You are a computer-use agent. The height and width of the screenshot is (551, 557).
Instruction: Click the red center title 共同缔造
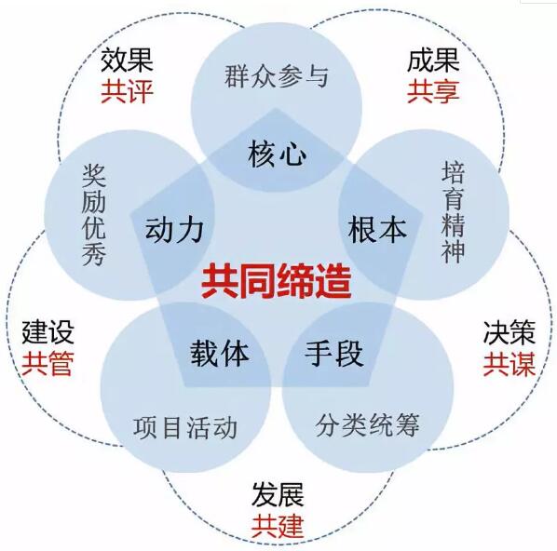coord(277,281)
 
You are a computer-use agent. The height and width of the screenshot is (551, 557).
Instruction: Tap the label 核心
coord(278,154)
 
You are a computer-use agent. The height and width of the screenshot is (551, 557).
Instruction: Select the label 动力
coord(174,229)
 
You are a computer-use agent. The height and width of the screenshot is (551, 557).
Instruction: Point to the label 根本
coord(377,229)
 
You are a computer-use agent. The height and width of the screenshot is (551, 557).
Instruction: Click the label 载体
coord(220,353)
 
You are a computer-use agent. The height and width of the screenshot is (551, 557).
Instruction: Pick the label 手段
coord(334,353)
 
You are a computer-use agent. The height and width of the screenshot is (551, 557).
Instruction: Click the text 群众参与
coord(277,75)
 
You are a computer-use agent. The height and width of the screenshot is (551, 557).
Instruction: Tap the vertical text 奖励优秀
coord(94,215)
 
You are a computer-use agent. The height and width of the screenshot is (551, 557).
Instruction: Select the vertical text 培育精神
coord(454,212)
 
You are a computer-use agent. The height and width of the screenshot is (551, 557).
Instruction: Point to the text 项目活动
coord(185,427)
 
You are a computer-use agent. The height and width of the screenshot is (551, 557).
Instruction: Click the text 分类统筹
coord(367,424)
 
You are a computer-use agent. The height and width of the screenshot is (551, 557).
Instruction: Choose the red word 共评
coord(127,91)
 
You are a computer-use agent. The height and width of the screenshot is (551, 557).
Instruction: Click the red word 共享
coord(433,91)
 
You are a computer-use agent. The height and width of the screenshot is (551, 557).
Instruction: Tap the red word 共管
coord(48,363)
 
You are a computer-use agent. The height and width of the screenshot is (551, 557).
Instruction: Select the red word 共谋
coord(509,364)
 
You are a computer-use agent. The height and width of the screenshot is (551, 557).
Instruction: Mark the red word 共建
coord(278,525)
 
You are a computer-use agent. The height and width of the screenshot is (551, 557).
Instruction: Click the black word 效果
coord(127,60)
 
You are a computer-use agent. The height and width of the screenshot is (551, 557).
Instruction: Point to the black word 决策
coord(509,332)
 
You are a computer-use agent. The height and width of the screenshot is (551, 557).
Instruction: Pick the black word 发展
coord(278,494)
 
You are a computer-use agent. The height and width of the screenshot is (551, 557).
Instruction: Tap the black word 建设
coord(48,332)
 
